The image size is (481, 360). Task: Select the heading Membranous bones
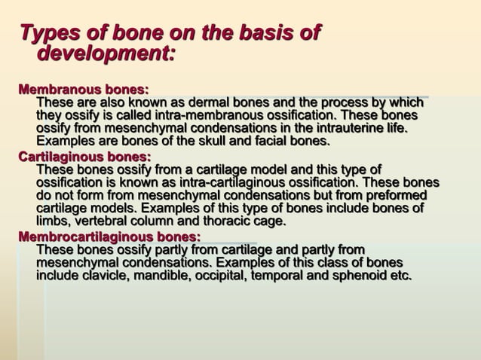(x=83, y=90)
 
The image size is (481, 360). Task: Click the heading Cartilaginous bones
(x=84, y=157)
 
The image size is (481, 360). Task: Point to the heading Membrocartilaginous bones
(x=109, y=237)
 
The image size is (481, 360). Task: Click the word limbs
(x=52, y=221)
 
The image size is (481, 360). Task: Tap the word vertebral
(x=103, y=221)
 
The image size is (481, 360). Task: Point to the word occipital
(x=228, y=276)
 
